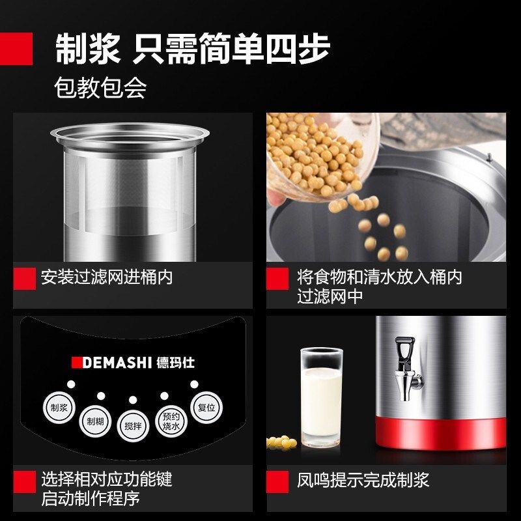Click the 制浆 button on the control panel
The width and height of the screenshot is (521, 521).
tap(55, 408)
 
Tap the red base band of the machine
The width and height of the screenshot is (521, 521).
tap(440, 432)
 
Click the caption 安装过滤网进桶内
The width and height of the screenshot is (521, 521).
tap(107, 277)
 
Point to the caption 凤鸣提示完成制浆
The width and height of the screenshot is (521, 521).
tap(363, 481)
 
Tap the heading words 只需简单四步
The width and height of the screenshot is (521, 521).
tap(231, 49)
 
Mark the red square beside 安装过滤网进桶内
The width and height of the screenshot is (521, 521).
tap(25, 278)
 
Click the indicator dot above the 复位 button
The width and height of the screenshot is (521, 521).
tap(193, 384)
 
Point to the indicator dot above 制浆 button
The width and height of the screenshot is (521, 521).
tap(71, 384)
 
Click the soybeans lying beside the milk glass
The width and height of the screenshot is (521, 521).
tap(281, 442)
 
